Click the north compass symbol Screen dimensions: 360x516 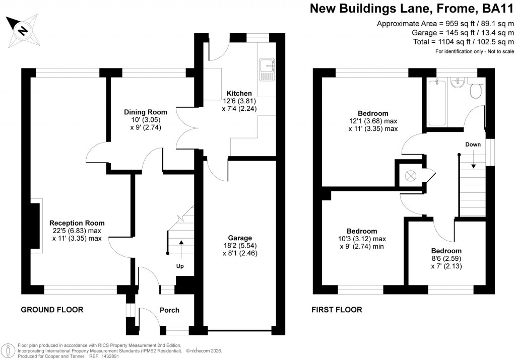point(22,30)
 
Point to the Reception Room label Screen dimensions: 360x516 point(77,223)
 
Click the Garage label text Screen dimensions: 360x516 point(239,238)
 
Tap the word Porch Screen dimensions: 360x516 point(169,310)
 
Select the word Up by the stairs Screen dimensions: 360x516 point(180,265)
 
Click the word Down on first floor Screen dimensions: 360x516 point(473,145)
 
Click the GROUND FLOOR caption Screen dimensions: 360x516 point(52,310)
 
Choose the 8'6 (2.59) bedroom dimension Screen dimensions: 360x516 point(446,259)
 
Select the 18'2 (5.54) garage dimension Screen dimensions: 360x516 point(239,246)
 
